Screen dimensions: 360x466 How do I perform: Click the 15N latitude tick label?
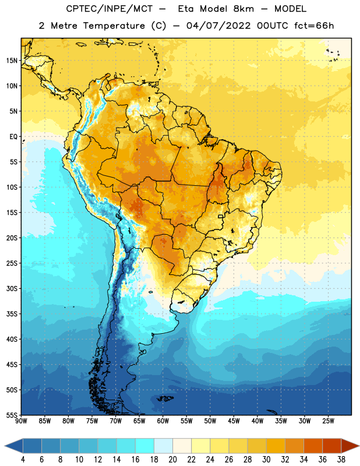(x=12, y=61)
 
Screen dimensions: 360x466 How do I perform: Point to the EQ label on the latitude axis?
(x=13, y=137)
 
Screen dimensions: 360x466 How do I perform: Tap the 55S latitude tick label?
(x=12, y=415)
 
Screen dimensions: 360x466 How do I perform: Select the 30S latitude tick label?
(x=12, y=288)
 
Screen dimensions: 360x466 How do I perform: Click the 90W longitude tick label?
(x=22, y=421)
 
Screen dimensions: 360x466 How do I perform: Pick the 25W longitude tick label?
(x=328, y=421)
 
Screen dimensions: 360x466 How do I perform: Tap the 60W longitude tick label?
(x=163, y=421)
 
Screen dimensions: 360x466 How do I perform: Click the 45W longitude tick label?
(x=234, y=421)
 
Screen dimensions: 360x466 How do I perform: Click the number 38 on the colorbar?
(x=341, y=460)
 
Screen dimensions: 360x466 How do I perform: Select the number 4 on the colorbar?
(x=23, y=460)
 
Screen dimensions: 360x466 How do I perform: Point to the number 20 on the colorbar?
(x=172, y=460)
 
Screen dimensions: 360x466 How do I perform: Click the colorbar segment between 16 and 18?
(x=144, y=446)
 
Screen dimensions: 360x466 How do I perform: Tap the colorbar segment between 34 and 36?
(x=313, y=446)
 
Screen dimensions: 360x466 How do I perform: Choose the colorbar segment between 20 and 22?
(x=182, y=446)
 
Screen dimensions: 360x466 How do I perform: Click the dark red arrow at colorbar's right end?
(x=350, y=446)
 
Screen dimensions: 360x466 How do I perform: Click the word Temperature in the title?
(x=114, y=26)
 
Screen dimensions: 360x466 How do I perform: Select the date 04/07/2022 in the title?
(x=218, y=26)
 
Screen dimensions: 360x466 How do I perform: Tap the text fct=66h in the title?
(x=314, y=26)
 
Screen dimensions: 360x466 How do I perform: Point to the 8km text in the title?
(x=243, y=9)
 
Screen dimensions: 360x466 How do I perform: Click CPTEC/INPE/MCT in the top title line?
(x=109, y=9)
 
